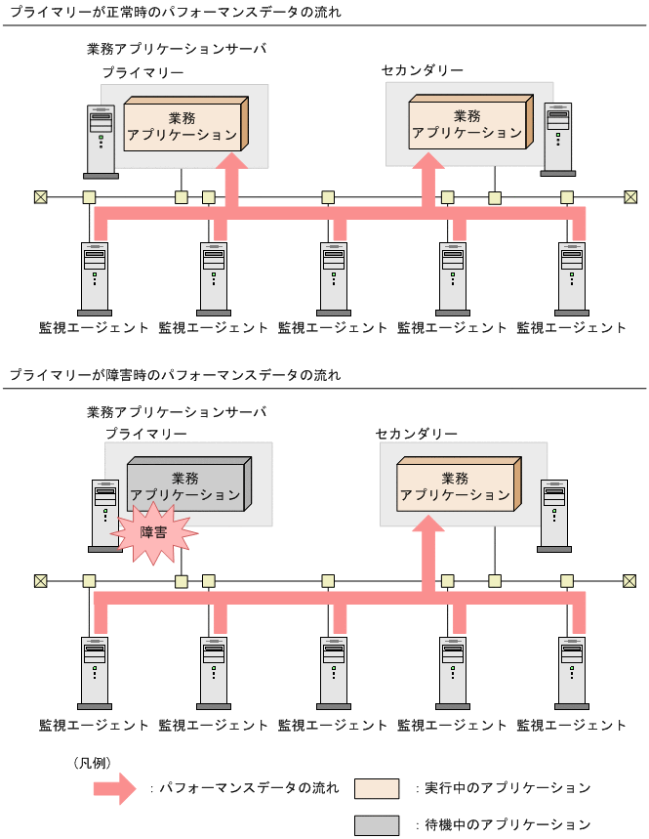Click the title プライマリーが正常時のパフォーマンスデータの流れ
[x=176, y=13]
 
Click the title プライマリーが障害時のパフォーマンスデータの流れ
[x=176, y=375]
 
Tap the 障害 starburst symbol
[x=153, y=532]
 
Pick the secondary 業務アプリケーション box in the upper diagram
[x=467, y=123]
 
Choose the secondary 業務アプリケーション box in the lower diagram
[x=456, y=486]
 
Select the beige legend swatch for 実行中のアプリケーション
[x=376, y=787]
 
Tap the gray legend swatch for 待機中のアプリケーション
[x=376, y=824]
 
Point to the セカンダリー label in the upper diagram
[x=422, y=70]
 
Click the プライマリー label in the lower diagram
[x=145, y=432]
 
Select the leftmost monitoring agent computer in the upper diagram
[x=95, y=277]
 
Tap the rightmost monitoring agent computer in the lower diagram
[x=572, y=672]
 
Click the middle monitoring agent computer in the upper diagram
[x=334, y=277]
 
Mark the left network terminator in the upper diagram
[x=40, y=197]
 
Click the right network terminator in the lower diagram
[x=630, y=581]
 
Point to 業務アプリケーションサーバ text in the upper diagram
[x=176, y=49]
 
